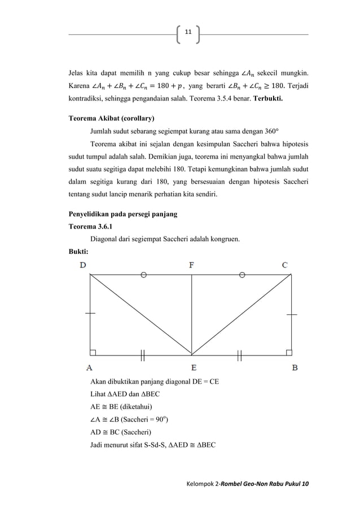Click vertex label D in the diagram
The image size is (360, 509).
click(x=84, y=265)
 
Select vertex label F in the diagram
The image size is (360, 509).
click(x=192, y=265)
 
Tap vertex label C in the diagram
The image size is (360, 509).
click(x=286, y=265)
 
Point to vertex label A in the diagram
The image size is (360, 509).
click(x=89, y=367)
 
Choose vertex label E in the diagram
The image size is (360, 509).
click(x=192, y=367)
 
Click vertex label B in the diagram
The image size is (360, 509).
click(x=295, y=367)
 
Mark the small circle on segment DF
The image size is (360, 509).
click(x=144, y=275)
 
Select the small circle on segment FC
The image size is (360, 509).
click(x=242, y=275)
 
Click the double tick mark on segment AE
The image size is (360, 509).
click(x=143, y=355)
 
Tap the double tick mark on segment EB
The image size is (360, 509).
click(x=240, y=355)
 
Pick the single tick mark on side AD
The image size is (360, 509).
click(x=90, y=313)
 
